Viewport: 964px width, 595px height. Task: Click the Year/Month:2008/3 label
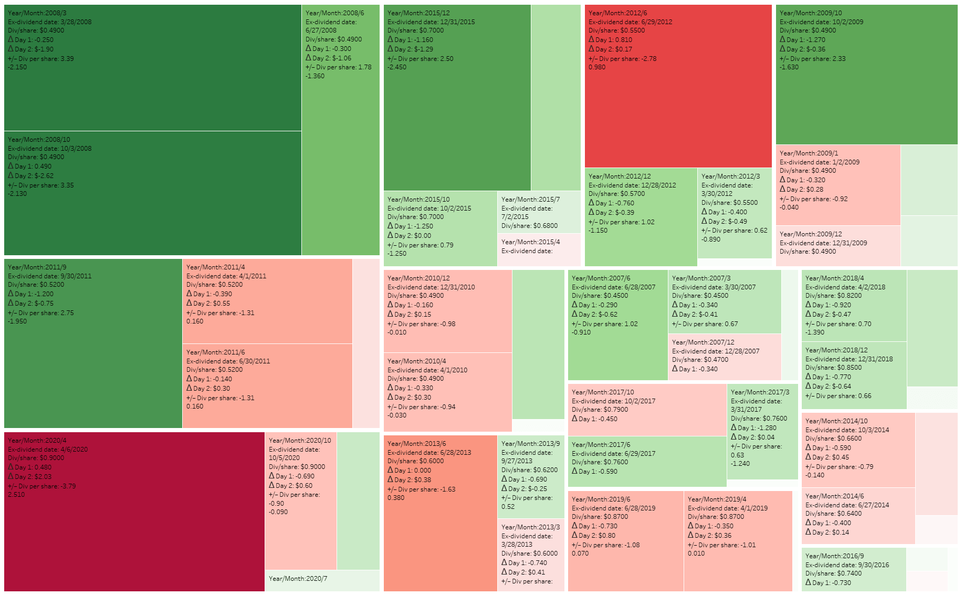point(37,13)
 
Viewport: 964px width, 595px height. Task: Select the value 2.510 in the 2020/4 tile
point(16,495)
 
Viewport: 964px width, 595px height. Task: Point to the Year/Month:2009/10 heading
point(811,13)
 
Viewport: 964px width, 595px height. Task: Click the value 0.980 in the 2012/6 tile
point(597,67)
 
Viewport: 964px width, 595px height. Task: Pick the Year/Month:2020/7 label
point(298,579)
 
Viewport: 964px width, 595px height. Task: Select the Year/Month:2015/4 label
point(530,242)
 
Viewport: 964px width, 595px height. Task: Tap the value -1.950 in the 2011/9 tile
point(17,321)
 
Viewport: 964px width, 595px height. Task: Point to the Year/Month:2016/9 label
point(834,556)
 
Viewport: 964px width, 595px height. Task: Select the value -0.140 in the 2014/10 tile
point(815,475)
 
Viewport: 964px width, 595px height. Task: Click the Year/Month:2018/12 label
point(836,350)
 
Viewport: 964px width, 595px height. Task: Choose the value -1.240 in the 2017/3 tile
point(740,464)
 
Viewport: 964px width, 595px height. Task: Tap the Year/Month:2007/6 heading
point(601,278)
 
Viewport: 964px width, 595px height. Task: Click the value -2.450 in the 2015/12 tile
point(397,67)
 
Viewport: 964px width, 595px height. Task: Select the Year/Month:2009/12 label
point(811,234)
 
